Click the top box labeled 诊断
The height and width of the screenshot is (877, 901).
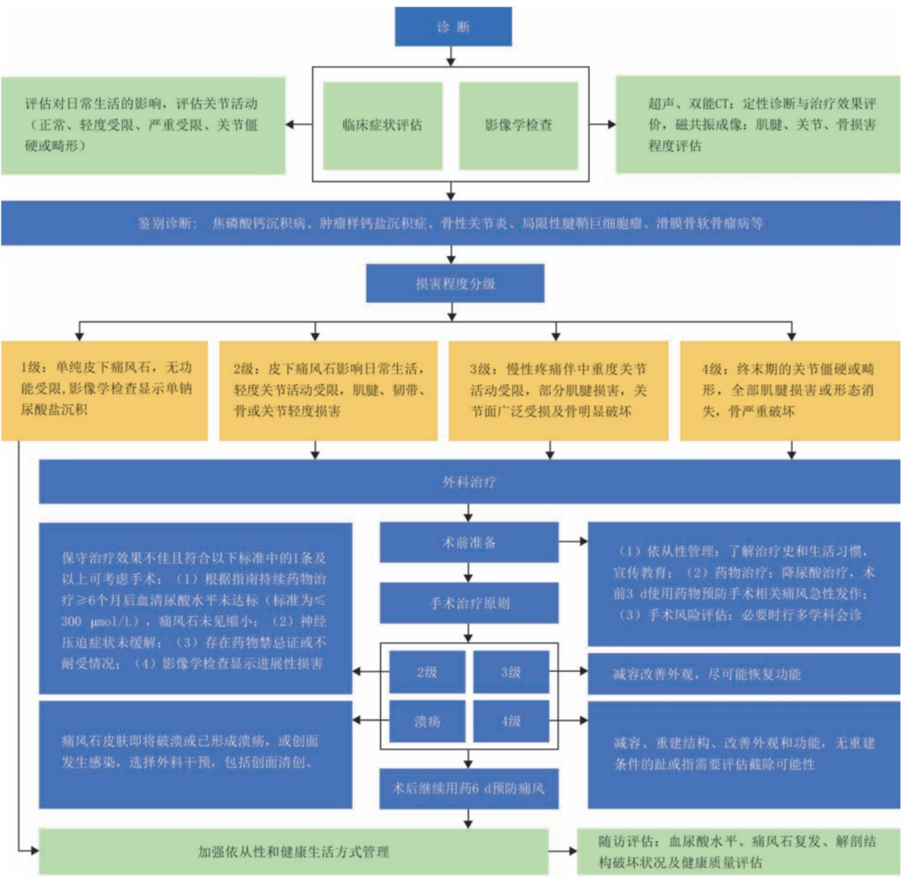(452, 27)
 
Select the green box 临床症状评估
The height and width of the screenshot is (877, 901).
(382, 126)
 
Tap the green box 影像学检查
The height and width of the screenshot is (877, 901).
(518, 126)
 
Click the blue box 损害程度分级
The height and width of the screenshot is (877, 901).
(456, 283)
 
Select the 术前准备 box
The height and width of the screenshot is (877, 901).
(468, 543)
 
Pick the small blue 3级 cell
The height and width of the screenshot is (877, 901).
(511, 672)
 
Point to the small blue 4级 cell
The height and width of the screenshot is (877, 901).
(511, 720)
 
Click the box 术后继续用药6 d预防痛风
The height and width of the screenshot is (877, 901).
(468, 786)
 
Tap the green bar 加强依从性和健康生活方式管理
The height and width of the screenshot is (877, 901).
(294, 851)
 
